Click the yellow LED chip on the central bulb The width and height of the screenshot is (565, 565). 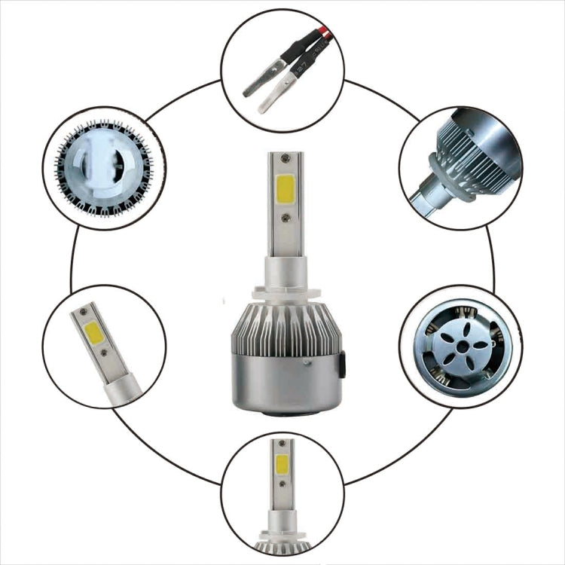pyautogui.click(x=286, y=185)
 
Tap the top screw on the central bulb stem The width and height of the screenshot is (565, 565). pyautogui.click(x=285, y=159)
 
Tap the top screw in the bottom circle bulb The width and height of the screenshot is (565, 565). pyautogui.click(x=282, y=445)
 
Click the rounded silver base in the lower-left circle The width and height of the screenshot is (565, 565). pyautogui.click(x=125, y=387)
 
